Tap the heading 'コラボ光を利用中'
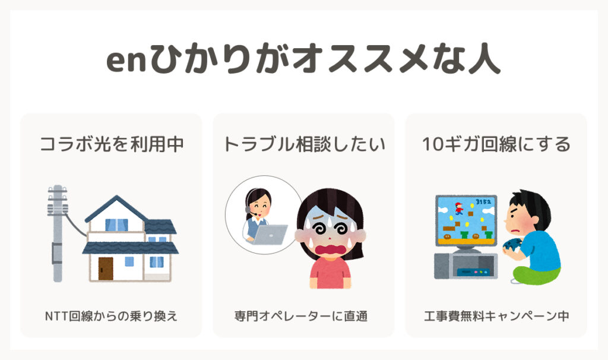[x=112, y=144]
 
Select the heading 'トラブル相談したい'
[x=304, y=144]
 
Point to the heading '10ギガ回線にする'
[x=496, y=144]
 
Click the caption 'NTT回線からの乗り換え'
[x=111, y=316]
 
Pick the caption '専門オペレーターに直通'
[x=301, y=316]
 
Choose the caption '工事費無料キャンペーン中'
[x=496, y=316]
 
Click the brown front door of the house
[x=106, y=269]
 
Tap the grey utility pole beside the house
[x=58, y=233]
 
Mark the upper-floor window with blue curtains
[x=116, y=225]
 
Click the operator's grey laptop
[x=270, y=235]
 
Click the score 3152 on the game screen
[x=483, y=202]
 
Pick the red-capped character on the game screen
[x=459, y=209]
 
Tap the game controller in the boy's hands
[x=511, y=245]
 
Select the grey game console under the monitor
[x=465, y=266]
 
